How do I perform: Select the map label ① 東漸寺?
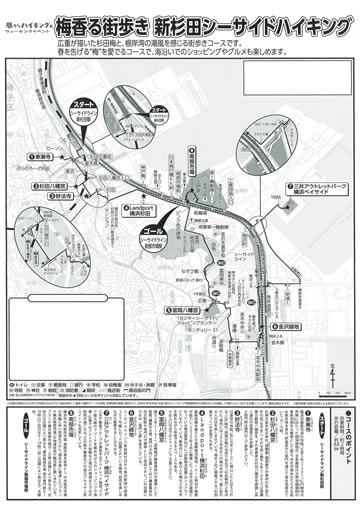(x=42, y=170)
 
